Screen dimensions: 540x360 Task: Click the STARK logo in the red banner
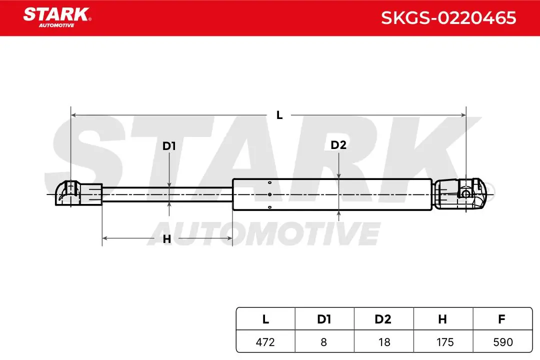57,17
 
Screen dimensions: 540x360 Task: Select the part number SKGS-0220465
448,18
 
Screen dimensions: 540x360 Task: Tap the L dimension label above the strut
279,114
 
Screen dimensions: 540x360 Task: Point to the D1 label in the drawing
169,146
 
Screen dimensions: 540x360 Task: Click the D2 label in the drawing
338,145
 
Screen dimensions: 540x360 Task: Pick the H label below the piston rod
166,238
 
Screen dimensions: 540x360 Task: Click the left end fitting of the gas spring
79,193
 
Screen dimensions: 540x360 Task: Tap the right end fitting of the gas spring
460,194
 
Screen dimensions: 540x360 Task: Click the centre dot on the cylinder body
269,194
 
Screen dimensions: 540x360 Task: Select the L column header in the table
265,319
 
